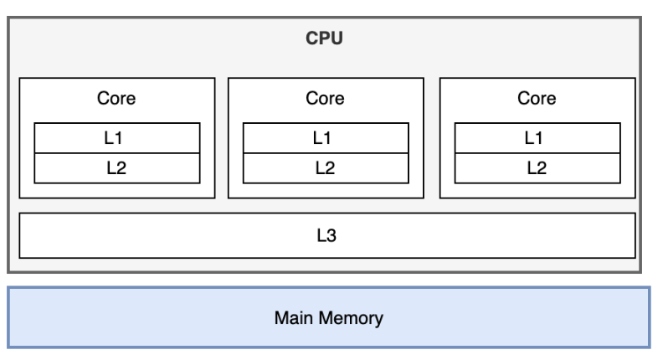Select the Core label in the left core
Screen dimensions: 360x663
(116, 99)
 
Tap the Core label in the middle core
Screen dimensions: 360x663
(325, 99)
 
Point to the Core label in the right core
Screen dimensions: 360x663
(537, 99)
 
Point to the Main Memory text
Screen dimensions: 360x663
(329, 318)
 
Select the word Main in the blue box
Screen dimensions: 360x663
(296, 318)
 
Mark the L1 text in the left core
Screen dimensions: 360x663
(116, 137)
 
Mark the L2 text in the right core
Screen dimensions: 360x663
(537, 167)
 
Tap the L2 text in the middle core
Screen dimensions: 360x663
(325, 167)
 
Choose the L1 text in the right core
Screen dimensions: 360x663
(537, 137)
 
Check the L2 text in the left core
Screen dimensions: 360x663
(116, 167)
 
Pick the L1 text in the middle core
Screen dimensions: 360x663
(325, 137)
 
